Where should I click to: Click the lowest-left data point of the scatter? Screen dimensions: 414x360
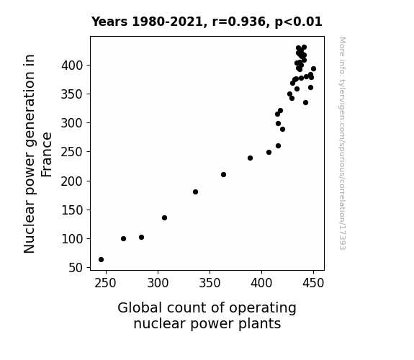pos(101,260)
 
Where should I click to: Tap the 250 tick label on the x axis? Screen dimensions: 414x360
pos(105,283)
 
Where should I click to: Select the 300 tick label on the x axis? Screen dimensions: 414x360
pos(158,283)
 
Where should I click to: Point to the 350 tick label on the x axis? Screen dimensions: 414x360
pos(210,283)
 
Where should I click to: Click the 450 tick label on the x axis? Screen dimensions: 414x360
pos(313,283)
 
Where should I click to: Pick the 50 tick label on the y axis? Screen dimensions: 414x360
pos(76,268)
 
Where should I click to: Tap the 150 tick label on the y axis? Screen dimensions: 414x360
pos(72,210)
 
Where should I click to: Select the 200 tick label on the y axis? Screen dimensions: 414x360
pos(72,181)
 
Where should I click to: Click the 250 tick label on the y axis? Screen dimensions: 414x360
pos(72,152)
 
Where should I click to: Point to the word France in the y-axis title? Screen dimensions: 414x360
pos(47,155)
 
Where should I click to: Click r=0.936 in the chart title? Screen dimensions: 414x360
pos(238,22)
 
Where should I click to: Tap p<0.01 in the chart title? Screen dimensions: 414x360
pos(298,22)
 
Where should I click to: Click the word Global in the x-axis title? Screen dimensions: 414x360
pos(140,308)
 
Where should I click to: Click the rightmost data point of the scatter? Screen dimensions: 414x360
pos(313,69)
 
